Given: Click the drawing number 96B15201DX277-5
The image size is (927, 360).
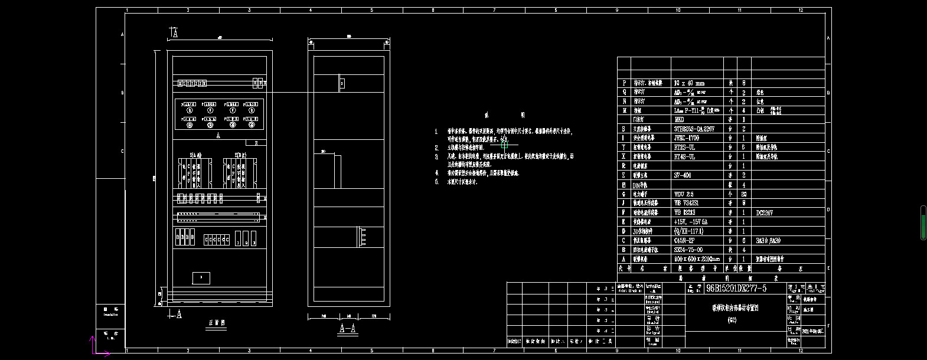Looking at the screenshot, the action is [736, 288].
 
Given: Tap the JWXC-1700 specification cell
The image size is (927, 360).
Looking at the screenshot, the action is [688, 138].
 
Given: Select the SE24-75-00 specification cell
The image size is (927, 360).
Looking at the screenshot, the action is [688, 250].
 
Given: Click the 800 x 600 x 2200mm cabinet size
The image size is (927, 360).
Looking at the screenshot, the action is [697, 259].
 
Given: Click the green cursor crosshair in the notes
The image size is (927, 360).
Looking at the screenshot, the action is [504, 145].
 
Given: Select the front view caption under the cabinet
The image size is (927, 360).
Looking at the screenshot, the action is [217, 323].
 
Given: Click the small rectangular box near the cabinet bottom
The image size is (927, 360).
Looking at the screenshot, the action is [201, 277].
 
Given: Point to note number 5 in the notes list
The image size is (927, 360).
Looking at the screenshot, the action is [437, 182].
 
